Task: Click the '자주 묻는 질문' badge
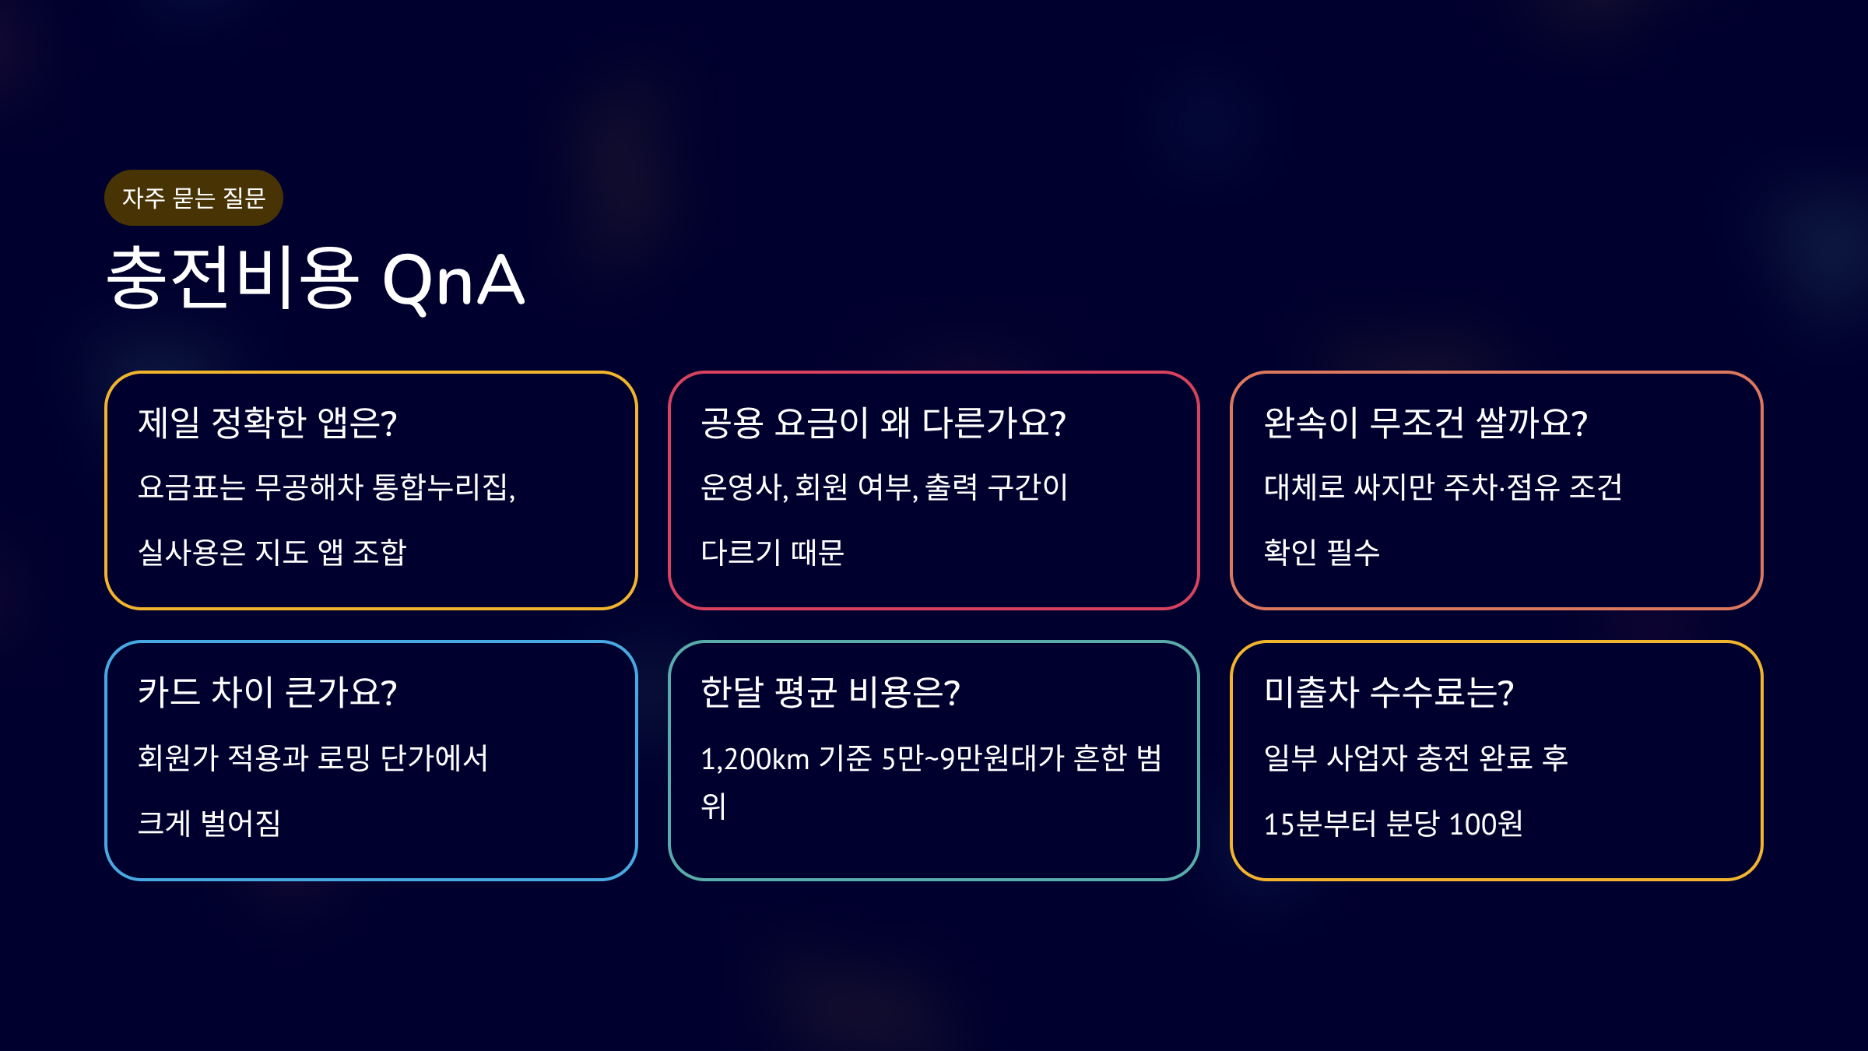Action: pos(194,198)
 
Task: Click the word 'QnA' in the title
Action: pos(454,281)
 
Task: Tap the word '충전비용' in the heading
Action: pos(233,277)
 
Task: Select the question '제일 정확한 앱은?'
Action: pos(268,423)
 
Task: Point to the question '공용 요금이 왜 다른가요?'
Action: pos(883,423)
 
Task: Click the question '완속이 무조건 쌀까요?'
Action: pos(1425,423)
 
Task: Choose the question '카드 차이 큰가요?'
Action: pos(268,692)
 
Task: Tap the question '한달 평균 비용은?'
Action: pos(830,692)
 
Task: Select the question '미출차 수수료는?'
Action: pos(1389,692)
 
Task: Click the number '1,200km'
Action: pos(755,759)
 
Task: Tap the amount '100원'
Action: pos(1486,824)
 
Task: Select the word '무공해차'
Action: pos(310,487)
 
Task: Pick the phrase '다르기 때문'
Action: pos(772,552)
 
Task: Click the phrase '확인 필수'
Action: pos(1322,552)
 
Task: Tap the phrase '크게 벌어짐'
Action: pos(209,823)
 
